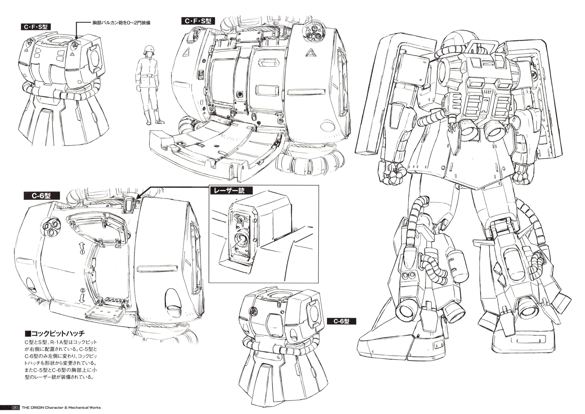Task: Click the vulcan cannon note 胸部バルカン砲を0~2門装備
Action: click(121, 23)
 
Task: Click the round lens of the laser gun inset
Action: click(240, 240)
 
